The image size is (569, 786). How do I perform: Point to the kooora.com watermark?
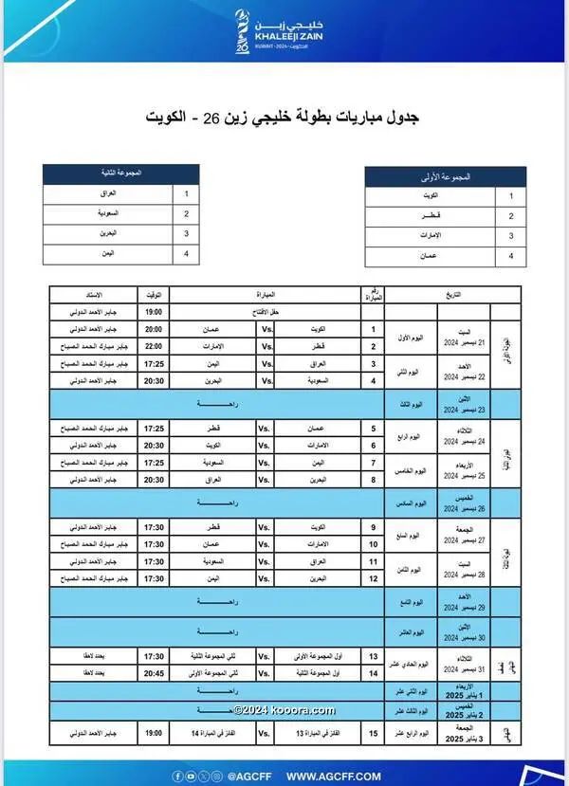pyautogui.click(x=284, y=710)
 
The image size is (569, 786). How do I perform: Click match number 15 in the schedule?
pyautogui.click(x=373, y=733)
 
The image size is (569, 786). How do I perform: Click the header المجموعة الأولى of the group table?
pyautogui.click(x=446, y=176)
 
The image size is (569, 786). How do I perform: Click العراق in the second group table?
pyautogui.click(x=108, y=192)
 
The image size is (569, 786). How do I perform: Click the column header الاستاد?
pyautogui.click(x=94, y=295)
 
